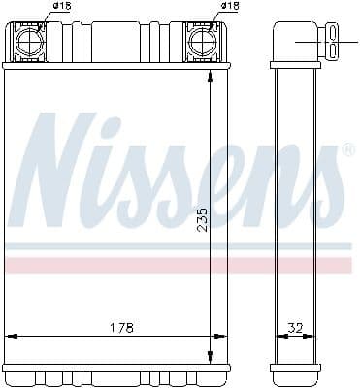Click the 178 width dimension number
(119, 326)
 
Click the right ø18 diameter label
(229, 7)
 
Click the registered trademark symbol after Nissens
(346, 150)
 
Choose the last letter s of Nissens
(325, 189)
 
